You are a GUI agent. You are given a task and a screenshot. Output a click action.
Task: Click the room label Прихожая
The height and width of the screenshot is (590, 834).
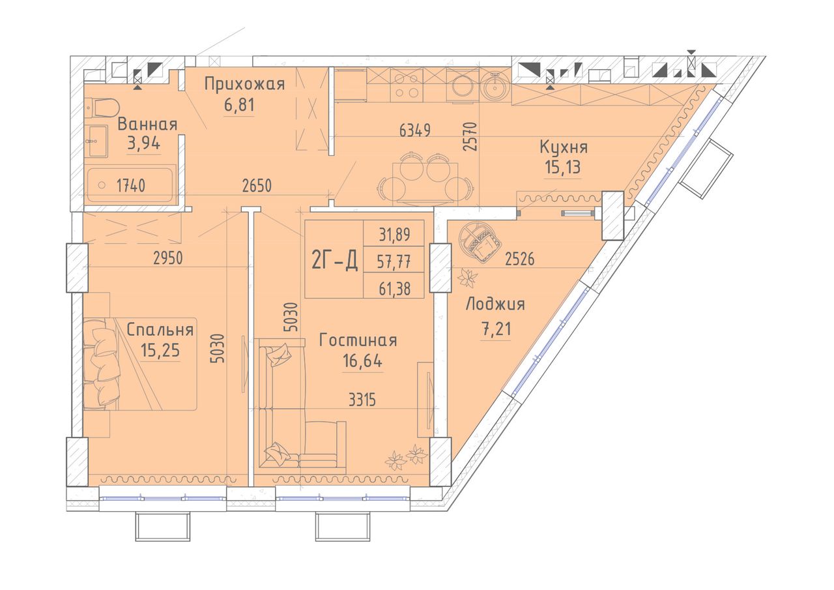pos(244,84)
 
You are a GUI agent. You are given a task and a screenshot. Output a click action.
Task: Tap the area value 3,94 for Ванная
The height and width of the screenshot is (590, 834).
pos(144,142)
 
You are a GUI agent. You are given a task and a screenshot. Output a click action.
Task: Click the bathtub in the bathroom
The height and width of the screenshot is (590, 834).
pos(130,185)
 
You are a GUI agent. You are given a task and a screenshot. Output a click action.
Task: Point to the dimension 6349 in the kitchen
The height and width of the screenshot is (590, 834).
pos(415,130)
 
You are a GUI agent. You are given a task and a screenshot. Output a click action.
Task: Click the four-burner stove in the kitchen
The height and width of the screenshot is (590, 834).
pos(405,85)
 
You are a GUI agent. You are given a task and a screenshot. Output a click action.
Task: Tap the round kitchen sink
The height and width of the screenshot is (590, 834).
pos(495,85)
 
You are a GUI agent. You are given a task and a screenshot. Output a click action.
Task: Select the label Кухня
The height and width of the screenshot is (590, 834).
pos(564,147)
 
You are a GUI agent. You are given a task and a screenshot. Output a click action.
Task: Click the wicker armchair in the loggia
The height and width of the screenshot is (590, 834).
pos(480,242)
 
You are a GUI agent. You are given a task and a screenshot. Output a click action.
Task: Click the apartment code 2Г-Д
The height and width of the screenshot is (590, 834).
pos(334,259)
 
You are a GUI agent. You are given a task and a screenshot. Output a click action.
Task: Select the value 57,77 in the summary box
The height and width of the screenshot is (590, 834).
pos(394,261)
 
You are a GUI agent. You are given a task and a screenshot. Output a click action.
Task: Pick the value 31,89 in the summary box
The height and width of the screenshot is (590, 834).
pos(394,234)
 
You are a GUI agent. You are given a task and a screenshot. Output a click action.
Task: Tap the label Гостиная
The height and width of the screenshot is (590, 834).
pos(358,340)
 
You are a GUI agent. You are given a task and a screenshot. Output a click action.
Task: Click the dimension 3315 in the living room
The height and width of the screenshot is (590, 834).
pos(362,400)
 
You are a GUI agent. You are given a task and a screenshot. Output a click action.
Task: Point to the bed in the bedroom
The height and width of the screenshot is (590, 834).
pos(139,364)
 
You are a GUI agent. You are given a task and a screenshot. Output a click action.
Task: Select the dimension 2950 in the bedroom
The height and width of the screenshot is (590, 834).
pos(168,258)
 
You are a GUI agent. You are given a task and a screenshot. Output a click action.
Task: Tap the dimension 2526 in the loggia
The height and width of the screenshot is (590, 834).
pos(519,259)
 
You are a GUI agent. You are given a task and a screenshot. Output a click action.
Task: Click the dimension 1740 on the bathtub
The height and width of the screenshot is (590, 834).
pos(131,185)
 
